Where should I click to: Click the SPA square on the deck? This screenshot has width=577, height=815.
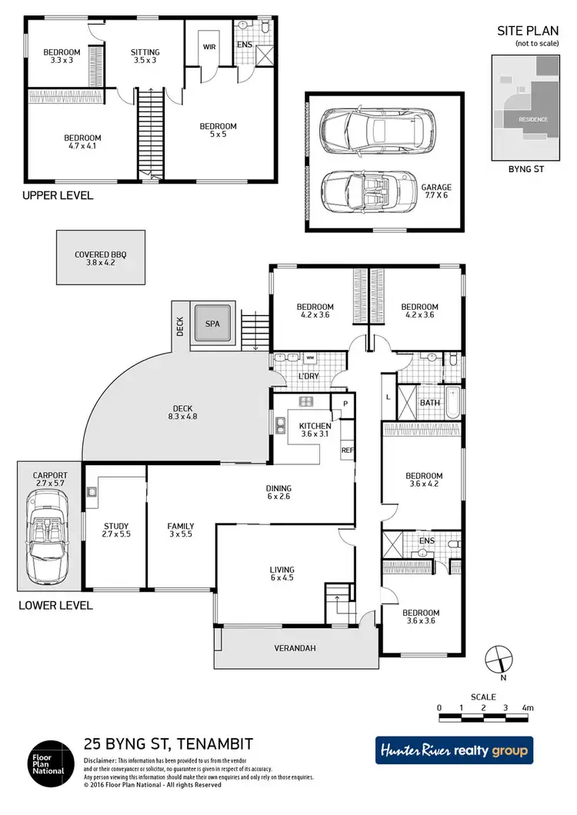pyautogui.click(x=213, y=324)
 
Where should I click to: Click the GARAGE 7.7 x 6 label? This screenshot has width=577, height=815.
pyautogui.click(x=436, y=191)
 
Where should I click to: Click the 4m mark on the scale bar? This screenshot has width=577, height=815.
pyautogui.click(x=528, y=707)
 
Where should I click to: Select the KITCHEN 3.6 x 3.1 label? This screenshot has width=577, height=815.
pyautogui.click(x=315, y=431)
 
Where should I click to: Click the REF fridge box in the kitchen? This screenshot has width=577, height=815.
pyautogui.click(x=347, y=451)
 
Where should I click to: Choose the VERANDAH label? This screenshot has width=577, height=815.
pyautogui.click(x=295, y=648)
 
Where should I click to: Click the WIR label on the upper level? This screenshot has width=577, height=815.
pyautogui.click(x=209, y=46)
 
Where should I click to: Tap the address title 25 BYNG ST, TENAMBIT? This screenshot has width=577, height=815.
pyautogui.click(x=168, y=743)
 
